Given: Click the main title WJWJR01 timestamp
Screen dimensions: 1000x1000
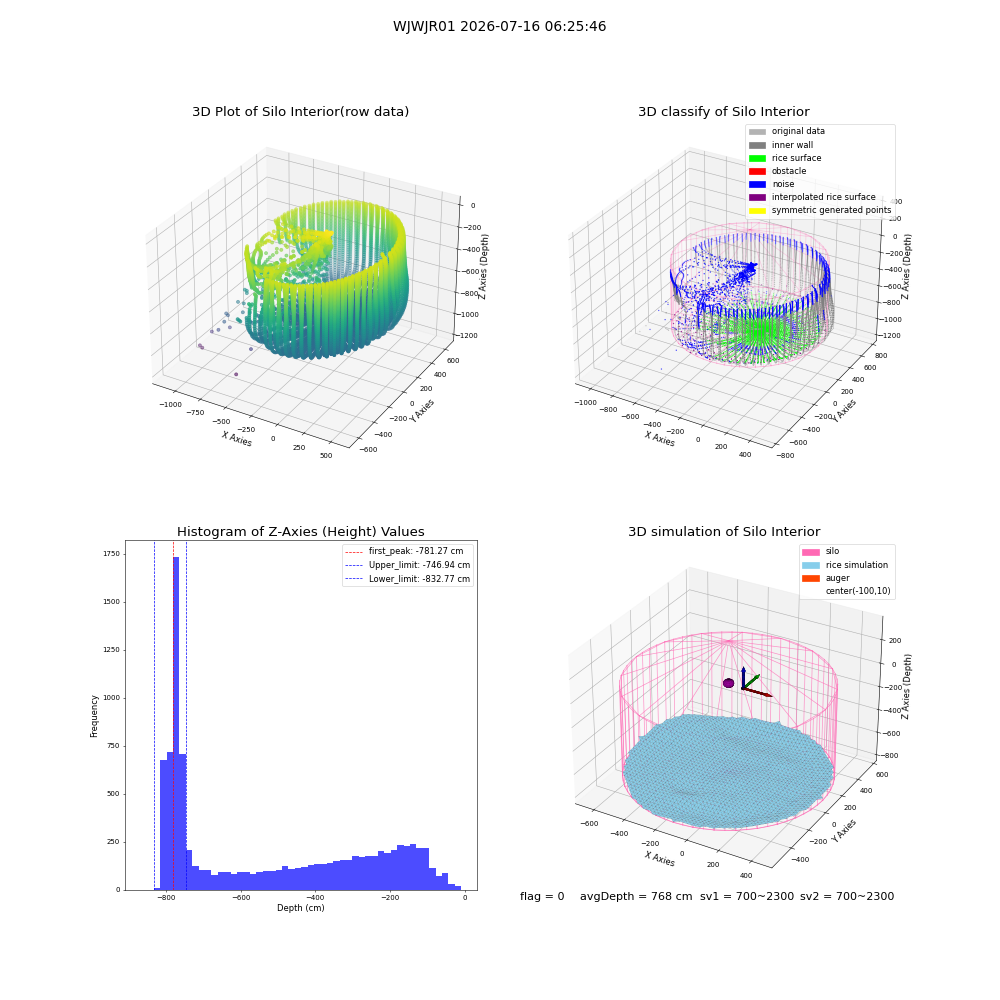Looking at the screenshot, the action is point(499,26).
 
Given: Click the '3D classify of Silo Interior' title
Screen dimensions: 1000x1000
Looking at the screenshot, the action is point(724,112).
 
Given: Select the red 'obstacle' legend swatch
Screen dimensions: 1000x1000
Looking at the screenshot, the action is point(757,171).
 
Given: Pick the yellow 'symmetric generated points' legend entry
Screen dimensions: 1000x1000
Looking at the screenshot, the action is point(820,210).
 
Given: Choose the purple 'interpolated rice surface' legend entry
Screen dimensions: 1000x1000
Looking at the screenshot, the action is point(812,197).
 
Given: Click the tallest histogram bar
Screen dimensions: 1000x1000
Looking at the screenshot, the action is point(176,723).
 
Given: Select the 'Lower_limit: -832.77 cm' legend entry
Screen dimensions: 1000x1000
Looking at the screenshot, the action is point(408,579).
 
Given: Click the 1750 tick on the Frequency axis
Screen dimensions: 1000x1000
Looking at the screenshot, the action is point(111,554).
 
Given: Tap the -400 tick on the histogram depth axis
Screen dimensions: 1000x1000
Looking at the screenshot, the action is point(315,897).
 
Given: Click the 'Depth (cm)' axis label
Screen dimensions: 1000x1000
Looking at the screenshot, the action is point(301,908).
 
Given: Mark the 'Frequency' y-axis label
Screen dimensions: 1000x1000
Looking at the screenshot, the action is point(94,716).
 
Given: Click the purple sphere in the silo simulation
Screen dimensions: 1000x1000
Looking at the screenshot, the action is point(728,683).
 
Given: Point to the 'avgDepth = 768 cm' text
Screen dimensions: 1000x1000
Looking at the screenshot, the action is point(636,896).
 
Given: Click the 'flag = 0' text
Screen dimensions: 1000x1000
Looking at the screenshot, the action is point(542,896).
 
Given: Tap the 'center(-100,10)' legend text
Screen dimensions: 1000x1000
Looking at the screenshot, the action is point(858,591).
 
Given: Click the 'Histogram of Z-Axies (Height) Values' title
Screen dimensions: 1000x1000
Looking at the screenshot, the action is point(300,532).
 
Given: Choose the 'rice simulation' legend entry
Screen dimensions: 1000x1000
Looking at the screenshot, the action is point(845,565).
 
